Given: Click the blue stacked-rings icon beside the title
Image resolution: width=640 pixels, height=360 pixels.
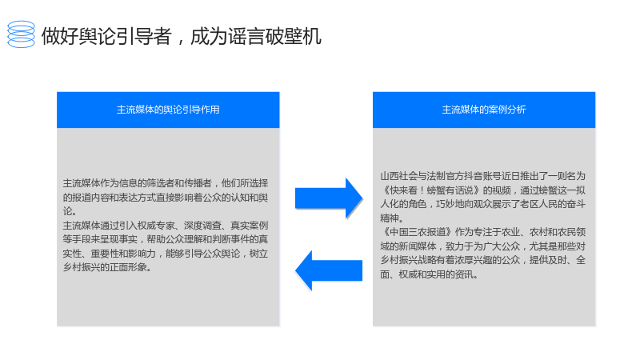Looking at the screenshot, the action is (x=22, y=34).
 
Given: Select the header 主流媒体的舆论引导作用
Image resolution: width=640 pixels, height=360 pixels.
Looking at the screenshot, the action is (x=168, y=110).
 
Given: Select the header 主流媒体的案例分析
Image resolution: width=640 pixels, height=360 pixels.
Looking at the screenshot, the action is (x=484, y=110).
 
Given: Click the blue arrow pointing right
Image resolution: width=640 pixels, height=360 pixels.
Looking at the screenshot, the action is (x=329, y=198).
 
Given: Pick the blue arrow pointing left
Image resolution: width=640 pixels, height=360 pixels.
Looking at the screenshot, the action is (x=329, y=270).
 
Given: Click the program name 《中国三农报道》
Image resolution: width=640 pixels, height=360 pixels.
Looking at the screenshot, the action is (x=417, y=232).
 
